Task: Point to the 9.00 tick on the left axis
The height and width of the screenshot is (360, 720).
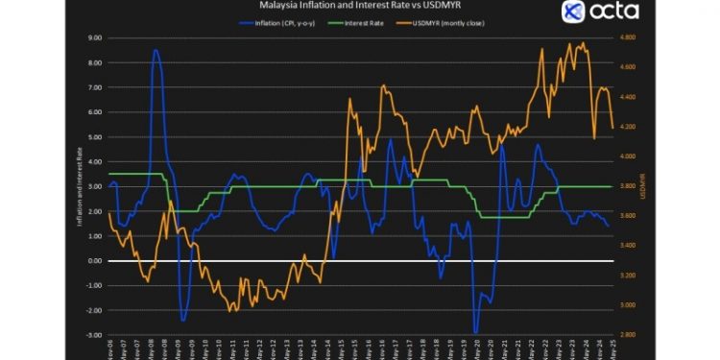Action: tap(95, 38)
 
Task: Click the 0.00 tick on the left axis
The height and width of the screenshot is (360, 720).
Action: tap(95, 261)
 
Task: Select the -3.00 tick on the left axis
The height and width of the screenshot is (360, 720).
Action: tap(94, 335)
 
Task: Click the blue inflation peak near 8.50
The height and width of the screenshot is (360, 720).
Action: tap(156, 51)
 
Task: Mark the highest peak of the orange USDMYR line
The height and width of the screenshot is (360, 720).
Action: tap(569, 43)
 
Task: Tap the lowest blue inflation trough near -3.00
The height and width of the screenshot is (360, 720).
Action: tap(476, 332)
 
